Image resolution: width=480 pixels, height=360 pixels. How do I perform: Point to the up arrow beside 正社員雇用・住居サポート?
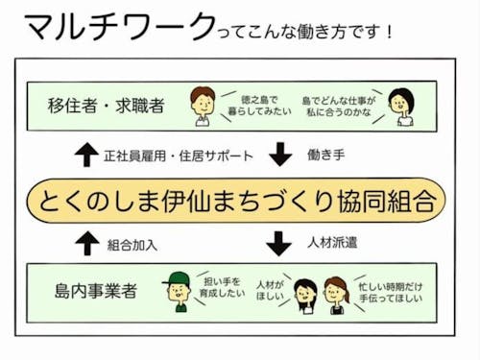(x=85, y=154)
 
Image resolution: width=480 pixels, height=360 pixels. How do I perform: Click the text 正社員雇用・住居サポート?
(x=179, y=155)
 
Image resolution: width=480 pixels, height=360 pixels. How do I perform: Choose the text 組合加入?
(x=134, y=244)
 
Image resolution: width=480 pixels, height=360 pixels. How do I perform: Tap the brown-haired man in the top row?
(x=203, y=105)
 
